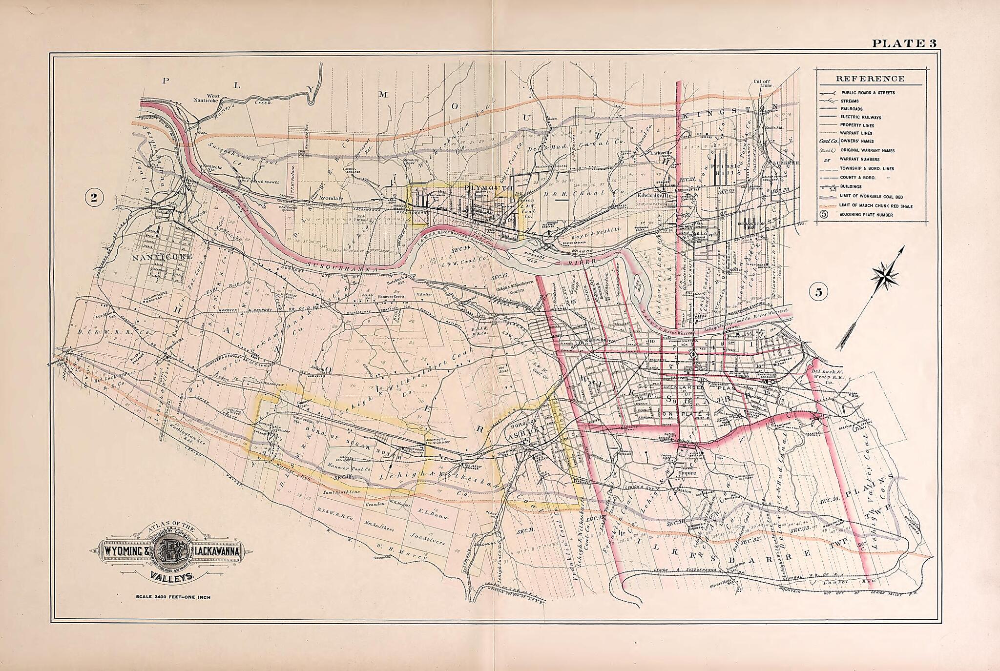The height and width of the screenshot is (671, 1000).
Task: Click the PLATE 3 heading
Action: click(x=904, y=43)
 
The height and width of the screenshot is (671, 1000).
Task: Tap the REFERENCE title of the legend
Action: click(x=870, y=79)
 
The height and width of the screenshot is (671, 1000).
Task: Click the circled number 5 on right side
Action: click(x=818, y=292)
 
